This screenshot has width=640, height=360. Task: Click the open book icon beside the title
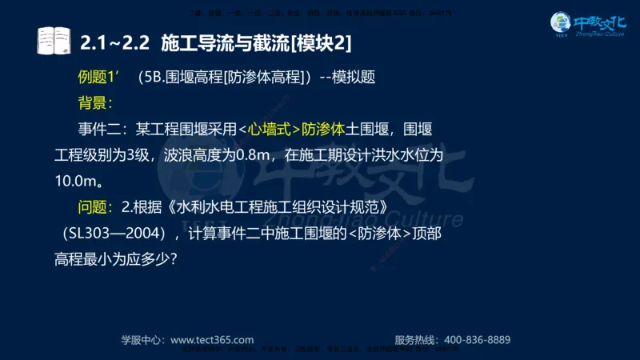pos(55,40)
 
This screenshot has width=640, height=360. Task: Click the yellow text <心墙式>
pos(269,128)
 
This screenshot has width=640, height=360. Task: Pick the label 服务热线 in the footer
pos(418,339)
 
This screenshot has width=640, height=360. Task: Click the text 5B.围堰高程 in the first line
pos(179,78)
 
